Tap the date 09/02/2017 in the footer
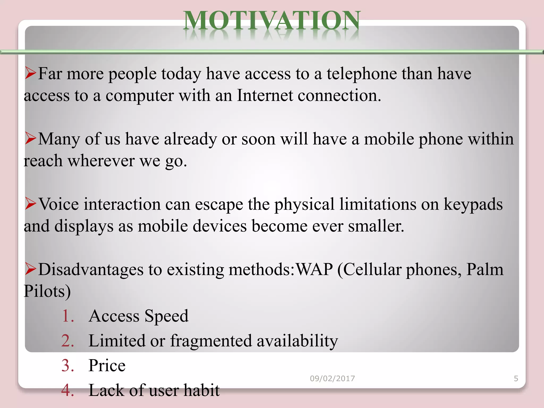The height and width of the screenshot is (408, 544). point(332,379)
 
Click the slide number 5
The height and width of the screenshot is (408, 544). point(516,379)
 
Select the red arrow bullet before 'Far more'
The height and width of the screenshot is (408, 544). point(30,73)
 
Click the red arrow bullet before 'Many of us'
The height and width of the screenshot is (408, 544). point(30,138)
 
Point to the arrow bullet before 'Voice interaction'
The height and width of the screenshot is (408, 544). point(30,204)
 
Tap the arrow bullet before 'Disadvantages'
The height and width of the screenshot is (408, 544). point(30,269)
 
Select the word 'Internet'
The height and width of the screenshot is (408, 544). point(265,95)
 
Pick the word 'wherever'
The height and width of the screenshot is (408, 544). point(101,161)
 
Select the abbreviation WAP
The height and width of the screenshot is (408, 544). point(314,270)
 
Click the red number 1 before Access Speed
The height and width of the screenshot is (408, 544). point(68,316)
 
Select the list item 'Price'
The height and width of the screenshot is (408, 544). point(107,365)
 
